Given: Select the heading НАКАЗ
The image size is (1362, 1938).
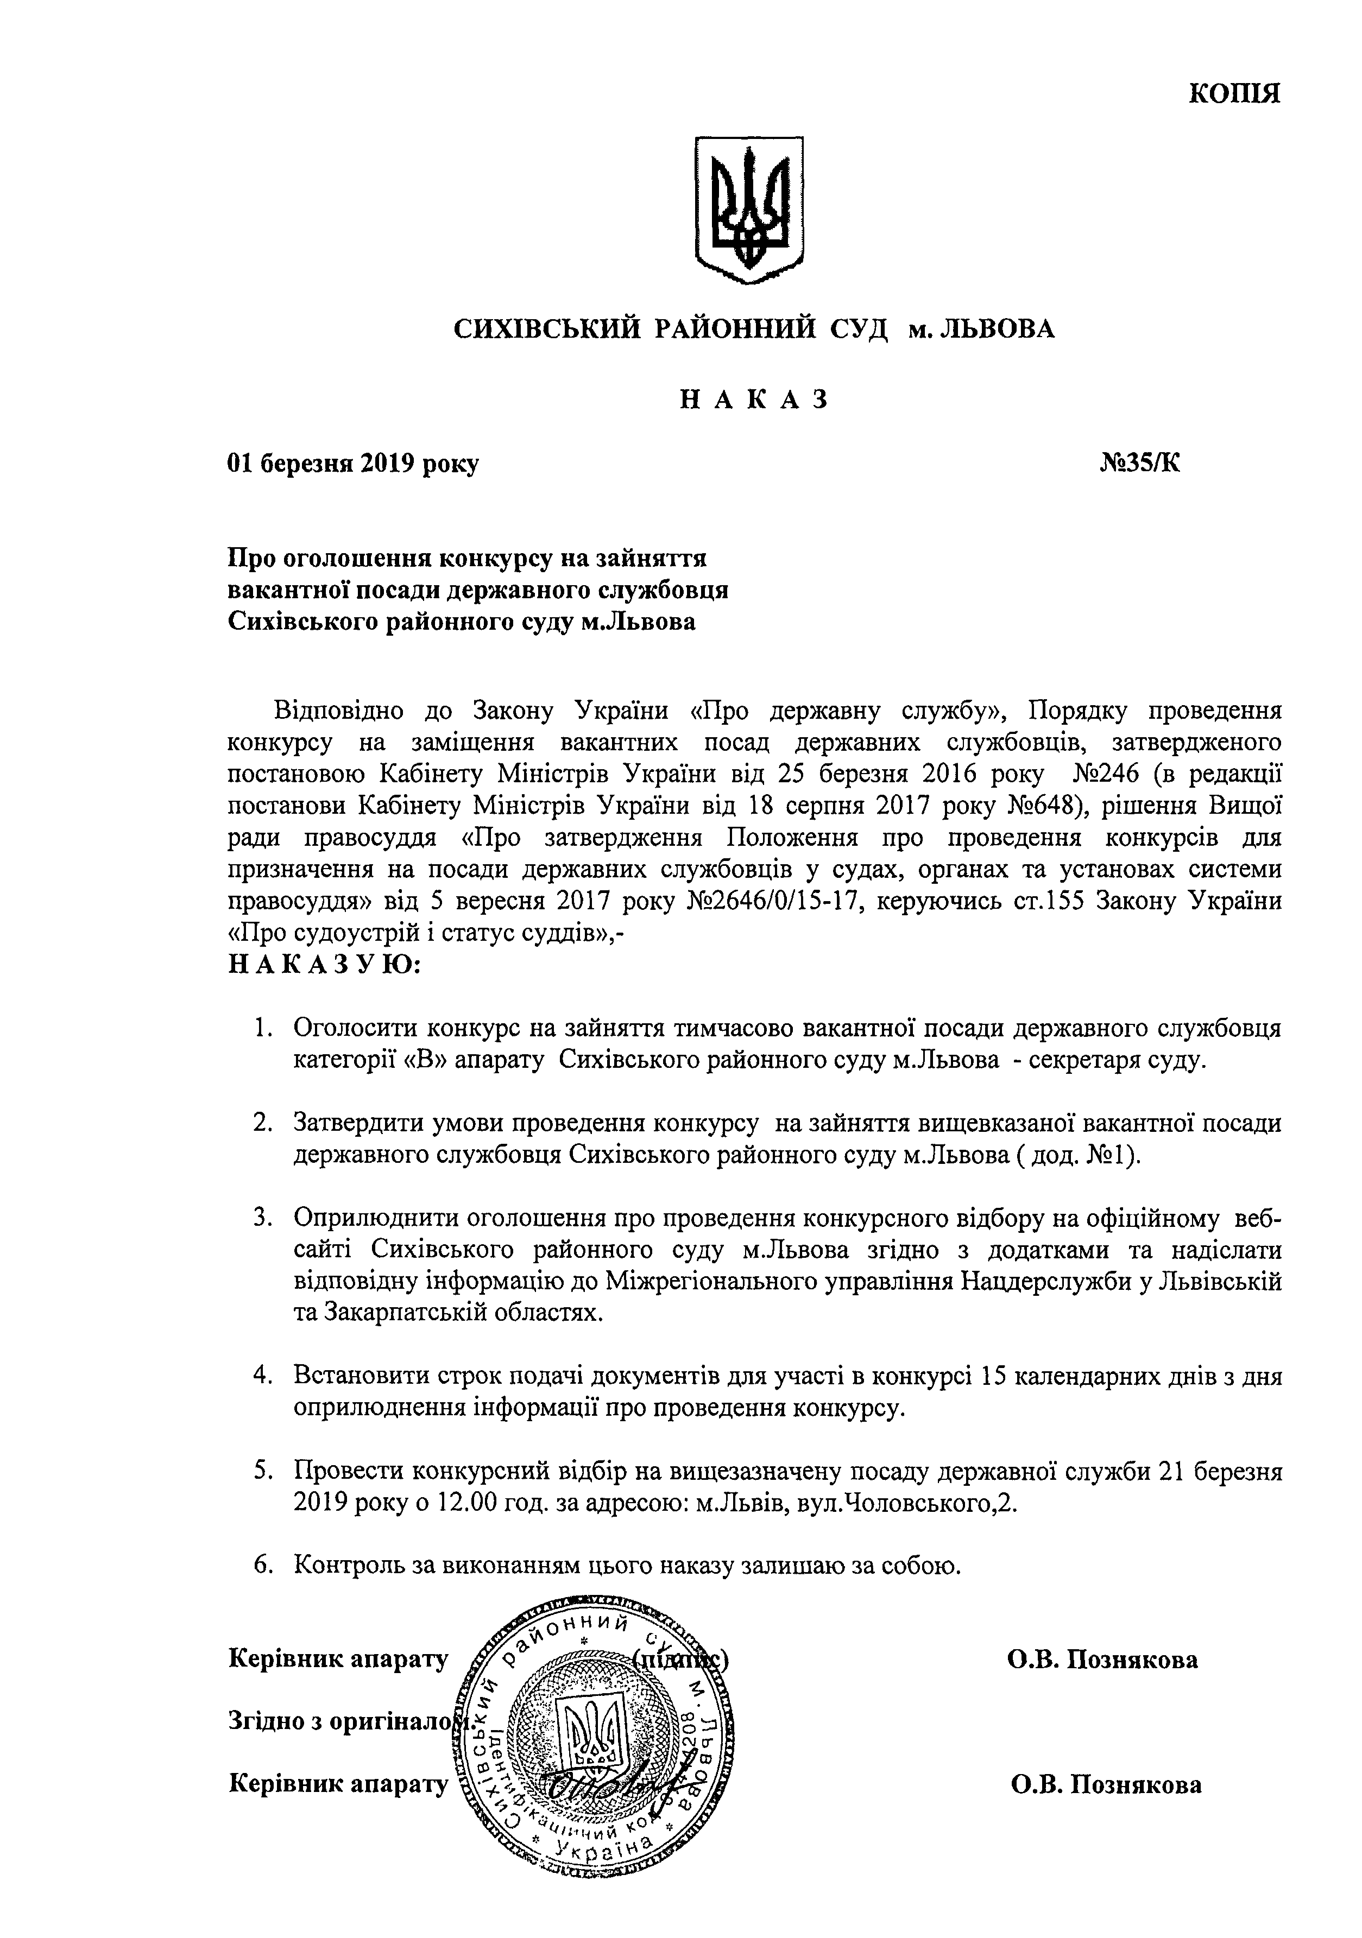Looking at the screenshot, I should (x=754, y=399).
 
